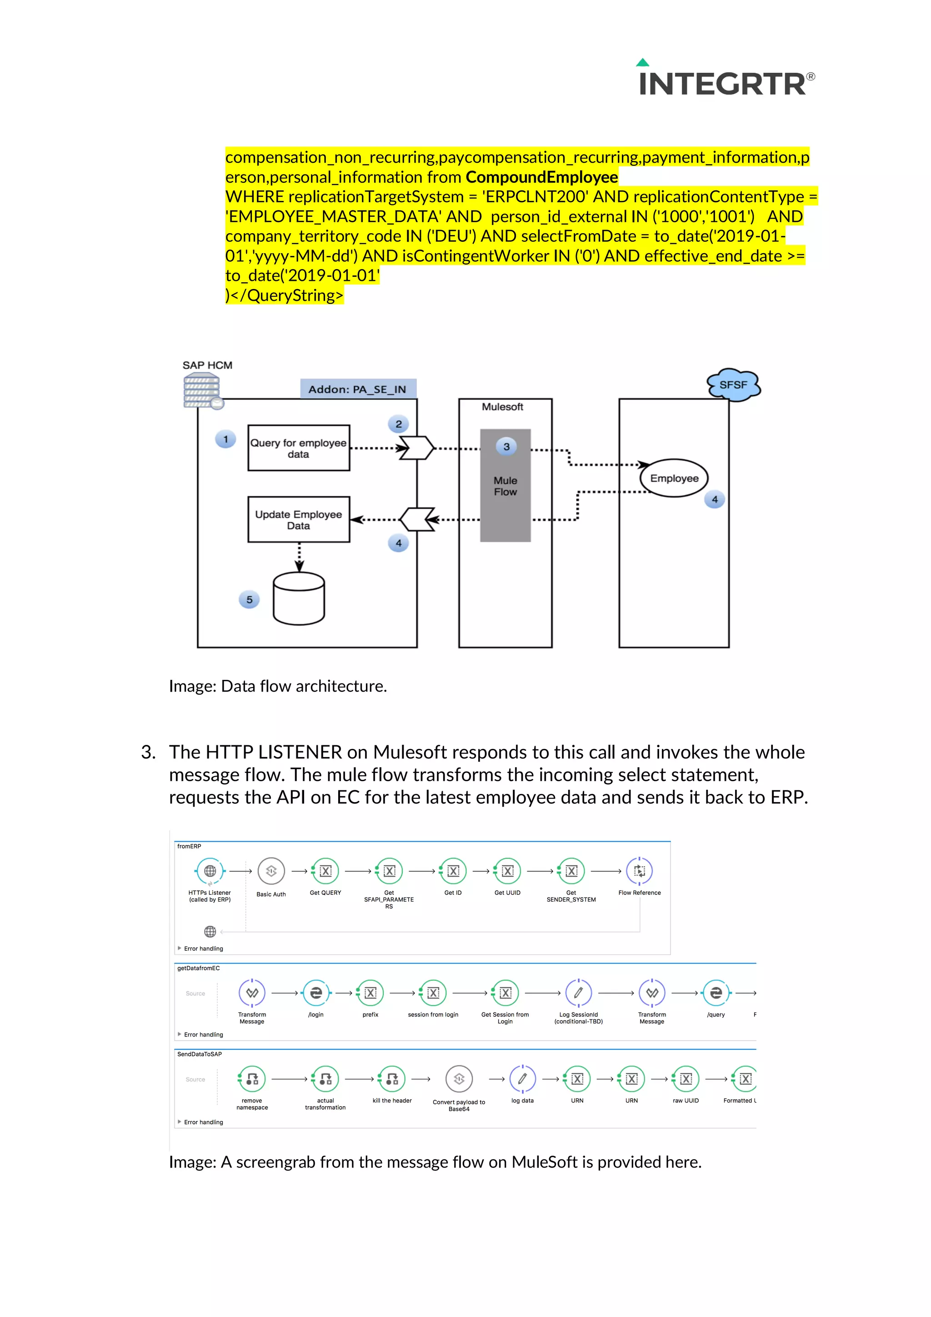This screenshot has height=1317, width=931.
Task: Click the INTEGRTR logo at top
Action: tap(725, 80)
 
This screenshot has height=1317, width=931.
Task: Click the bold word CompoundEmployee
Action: tap(541, 177)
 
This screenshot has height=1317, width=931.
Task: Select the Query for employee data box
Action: tap(298, 448)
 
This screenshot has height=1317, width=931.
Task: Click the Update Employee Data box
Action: tap(298, 520)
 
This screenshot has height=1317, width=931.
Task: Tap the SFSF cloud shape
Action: tap(733, 385)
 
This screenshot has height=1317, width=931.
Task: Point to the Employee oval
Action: tap(674, 478)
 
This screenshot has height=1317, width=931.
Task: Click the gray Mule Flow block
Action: tap(506, 485)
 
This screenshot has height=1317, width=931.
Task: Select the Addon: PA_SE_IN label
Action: tap(358, 389)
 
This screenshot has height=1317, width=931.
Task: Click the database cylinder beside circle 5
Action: tap(299, 598)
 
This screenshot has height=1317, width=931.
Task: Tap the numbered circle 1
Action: tap(225, 439)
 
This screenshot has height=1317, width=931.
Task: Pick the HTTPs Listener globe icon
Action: tap(210, 871)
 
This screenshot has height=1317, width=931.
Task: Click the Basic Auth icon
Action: tap(271, 871)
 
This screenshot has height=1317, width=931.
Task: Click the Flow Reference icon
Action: tap(639, 871)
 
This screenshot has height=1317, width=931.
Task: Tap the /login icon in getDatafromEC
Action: tap(316, 993)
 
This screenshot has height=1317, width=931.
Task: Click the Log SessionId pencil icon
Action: tap(578, 993)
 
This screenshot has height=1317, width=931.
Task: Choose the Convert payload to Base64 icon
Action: tap(459, 1079)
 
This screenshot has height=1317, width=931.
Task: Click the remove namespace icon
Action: tap(252, 1079)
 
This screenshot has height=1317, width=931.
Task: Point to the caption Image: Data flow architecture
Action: tap(278, 686)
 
